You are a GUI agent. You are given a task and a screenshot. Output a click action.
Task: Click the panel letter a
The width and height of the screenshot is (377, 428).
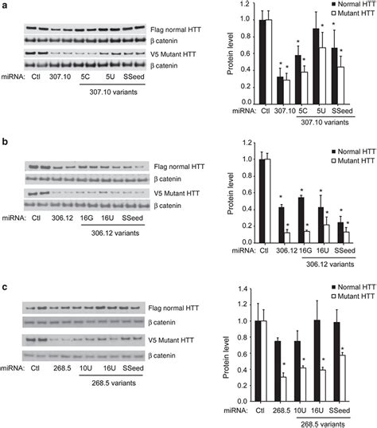pyautogui.click(x=5, y=6)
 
